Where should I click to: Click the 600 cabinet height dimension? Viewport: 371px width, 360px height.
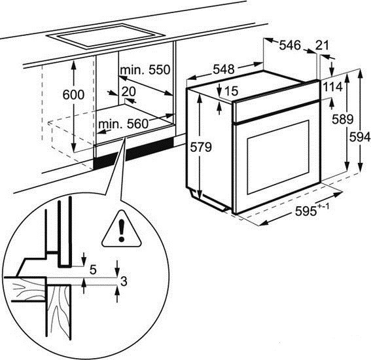tap(73, 95)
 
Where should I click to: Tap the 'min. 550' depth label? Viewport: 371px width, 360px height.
tap(145, 70)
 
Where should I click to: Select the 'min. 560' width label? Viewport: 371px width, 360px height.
tap(123, 124)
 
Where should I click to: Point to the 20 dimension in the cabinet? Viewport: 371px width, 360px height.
tap(128, 92)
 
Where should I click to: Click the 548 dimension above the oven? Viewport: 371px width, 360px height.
tap(224, 69)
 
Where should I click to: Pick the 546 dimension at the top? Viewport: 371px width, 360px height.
tap(290, 45)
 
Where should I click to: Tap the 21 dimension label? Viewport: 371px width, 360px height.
tap(322, 45)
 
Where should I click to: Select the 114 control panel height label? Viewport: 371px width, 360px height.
tap(333, 87)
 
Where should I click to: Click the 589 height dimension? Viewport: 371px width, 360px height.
tap(342, 119)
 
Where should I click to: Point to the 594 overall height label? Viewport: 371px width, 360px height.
tap(360, 137)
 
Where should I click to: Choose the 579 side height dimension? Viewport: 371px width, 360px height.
tap(201, 147)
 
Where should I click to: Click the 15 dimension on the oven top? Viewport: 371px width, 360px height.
tap(231, 90)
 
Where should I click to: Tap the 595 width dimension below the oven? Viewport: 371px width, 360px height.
tap(312, 210)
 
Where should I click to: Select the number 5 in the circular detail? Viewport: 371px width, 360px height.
tap(93, 270)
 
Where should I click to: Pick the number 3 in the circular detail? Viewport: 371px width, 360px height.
tap(124, 281)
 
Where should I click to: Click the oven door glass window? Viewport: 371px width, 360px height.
tap(278, 157)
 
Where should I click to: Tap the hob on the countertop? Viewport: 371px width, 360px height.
tap(105, 37)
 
